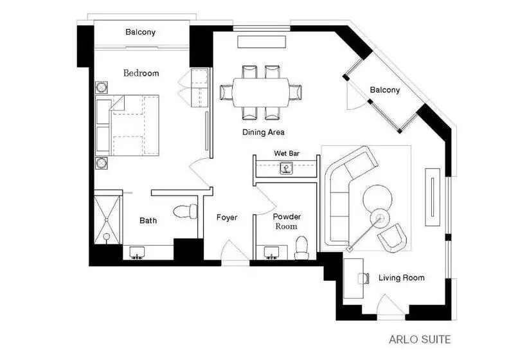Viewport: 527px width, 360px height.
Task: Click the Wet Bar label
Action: [287, 153]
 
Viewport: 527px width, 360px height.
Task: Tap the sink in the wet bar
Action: [286, 168]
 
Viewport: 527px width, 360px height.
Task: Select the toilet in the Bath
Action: [186, 211]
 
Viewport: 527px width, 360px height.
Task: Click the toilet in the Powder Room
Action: [301, 248]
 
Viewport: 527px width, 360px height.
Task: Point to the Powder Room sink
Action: [271, 253]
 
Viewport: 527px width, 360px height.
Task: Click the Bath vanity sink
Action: [137, 253]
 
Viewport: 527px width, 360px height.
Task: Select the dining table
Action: [260, 93]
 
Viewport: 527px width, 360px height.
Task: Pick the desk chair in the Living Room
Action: [363, 278]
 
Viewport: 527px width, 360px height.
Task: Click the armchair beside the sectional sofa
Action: [392, 238]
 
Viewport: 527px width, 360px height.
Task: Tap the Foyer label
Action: [227, 217]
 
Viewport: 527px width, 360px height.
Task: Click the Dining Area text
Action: [263, 132]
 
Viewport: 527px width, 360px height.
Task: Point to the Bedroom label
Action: [141, 73]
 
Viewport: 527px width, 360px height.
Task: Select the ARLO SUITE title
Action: [420, 339]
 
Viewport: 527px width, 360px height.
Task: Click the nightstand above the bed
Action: [101, 87]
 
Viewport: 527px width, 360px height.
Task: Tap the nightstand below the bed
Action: [101, 163]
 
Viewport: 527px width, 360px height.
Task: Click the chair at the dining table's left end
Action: [226, 93]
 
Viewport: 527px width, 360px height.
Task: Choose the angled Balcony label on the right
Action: [385, 90]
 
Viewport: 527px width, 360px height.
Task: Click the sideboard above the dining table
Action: [262, 42]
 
